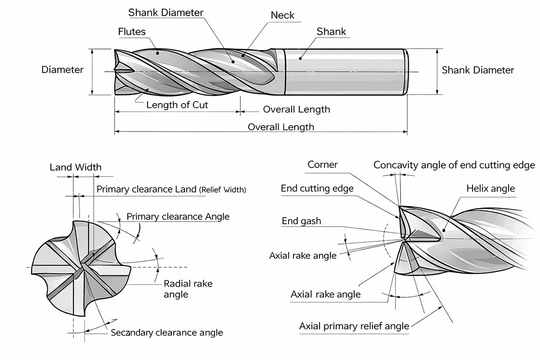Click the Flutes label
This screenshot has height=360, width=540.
pos(132,32)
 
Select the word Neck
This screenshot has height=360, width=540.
pos(283,15)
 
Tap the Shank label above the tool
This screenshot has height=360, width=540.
pos(331,31)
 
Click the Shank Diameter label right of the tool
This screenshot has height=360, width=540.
pos(477,70)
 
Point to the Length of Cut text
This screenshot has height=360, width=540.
pos(177,105)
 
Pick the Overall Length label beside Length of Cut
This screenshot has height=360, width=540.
pos(296,109)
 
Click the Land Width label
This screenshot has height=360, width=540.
pos(75,167)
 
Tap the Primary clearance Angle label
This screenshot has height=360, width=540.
pos(178,216)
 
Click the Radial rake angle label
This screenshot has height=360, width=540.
pos(188,289)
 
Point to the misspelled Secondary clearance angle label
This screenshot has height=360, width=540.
pos(166,333)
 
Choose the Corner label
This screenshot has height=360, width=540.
pos(322,165)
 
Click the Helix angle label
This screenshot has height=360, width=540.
pos(490,188)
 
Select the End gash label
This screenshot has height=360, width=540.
pos(301,221)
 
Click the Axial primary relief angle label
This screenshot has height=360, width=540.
pos(354,326)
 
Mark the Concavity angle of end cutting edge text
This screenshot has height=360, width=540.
pos(454,165)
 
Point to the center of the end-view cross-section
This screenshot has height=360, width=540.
pos(84,267)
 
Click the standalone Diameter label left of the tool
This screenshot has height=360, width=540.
pos(63,70)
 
